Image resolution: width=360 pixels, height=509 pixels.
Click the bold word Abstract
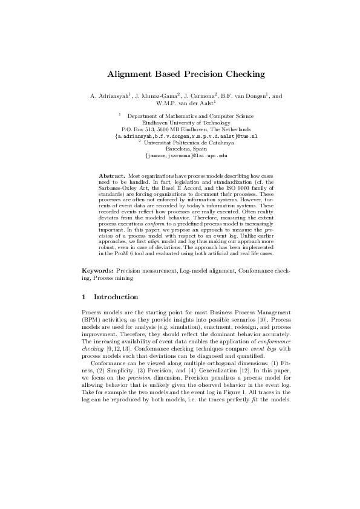(x=111, y=175)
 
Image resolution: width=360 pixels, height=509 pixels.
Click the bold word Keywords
(x=97, y=272)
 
